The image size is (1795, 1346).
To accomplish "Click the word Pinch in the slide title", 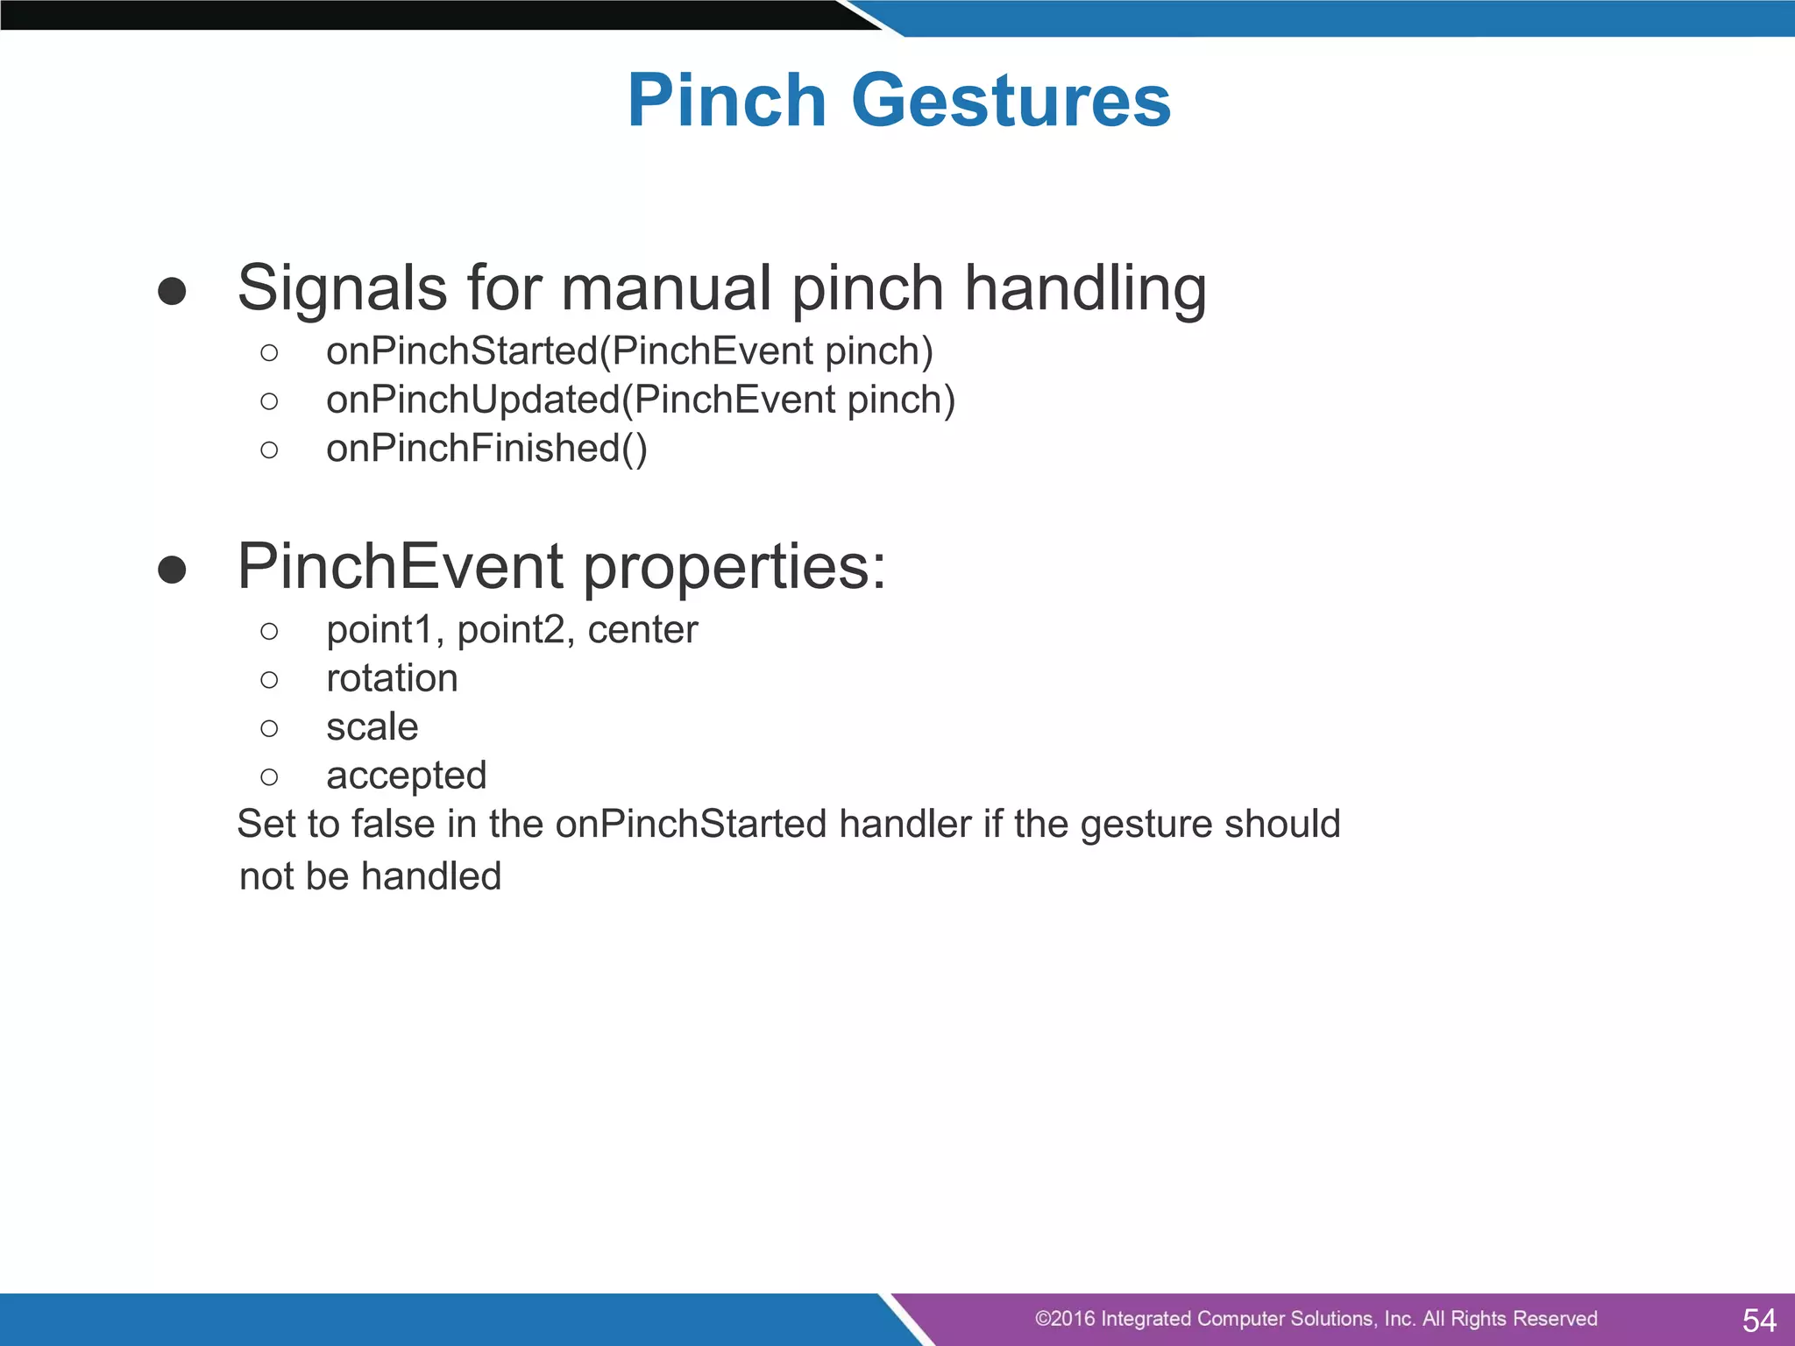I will pyautogui.click(x=727, y=101).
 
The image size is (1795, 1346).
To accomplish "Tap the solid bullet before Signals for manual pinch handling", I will pyautogui.click(x=172, y=291).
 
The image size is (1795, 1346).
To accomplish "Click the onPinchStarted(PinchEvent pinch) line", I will pyautogui.click(x=629, y=351).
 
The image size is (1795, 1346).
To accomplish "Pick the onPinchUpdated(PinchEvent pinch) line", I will pyautogui.click(x=640, y=400).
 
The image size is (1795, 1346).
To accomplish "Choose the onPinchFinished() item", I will pyautogui.click(x=486, y=449).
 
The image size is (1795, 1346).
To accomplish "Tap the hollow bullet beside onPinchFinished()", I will pyautogui.click(x=269, y=450).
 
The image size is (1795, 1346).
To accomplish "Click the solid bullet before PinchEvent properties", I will pyautogui.click(x=172, y=570).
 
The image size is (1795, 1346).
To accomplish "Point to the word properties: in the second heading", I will pyautogui.click(x=734, y=568).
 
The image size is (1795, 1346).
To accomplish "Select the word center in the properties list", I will pyautogui.click(x=642, y=630).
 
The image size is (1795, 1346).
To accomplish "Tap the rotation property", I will pyautogui.click(x=392, y=678).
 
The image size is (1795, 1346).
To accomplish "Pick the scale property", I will pyautogui.click(x=372, y=726).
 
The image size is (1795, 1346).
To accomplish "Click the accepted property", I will pyautogui.click(x=406, y=776).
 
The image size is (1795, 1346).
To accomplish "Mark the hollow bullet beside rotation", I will pyautogui.click(x=269, y=680).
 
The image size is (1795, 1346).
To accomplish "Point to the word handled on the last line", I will pyautogui.click(x=430, y=876).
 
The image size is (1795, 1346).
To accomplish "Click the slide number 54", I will pyautogui.click(x=1759, y=1320).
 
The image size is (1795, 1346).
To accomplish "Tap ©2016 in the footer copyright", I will pyautogui.click(x=1064, y=1319).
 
